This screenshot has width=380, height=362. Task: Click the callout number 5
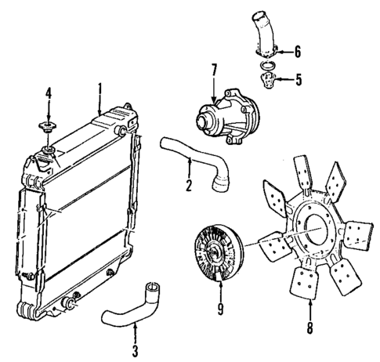click(297, 79)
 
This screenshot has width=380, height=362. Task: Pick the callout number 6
click(297, 52)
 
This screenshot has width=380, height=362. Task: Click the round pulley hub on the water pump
click(208, 121)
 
